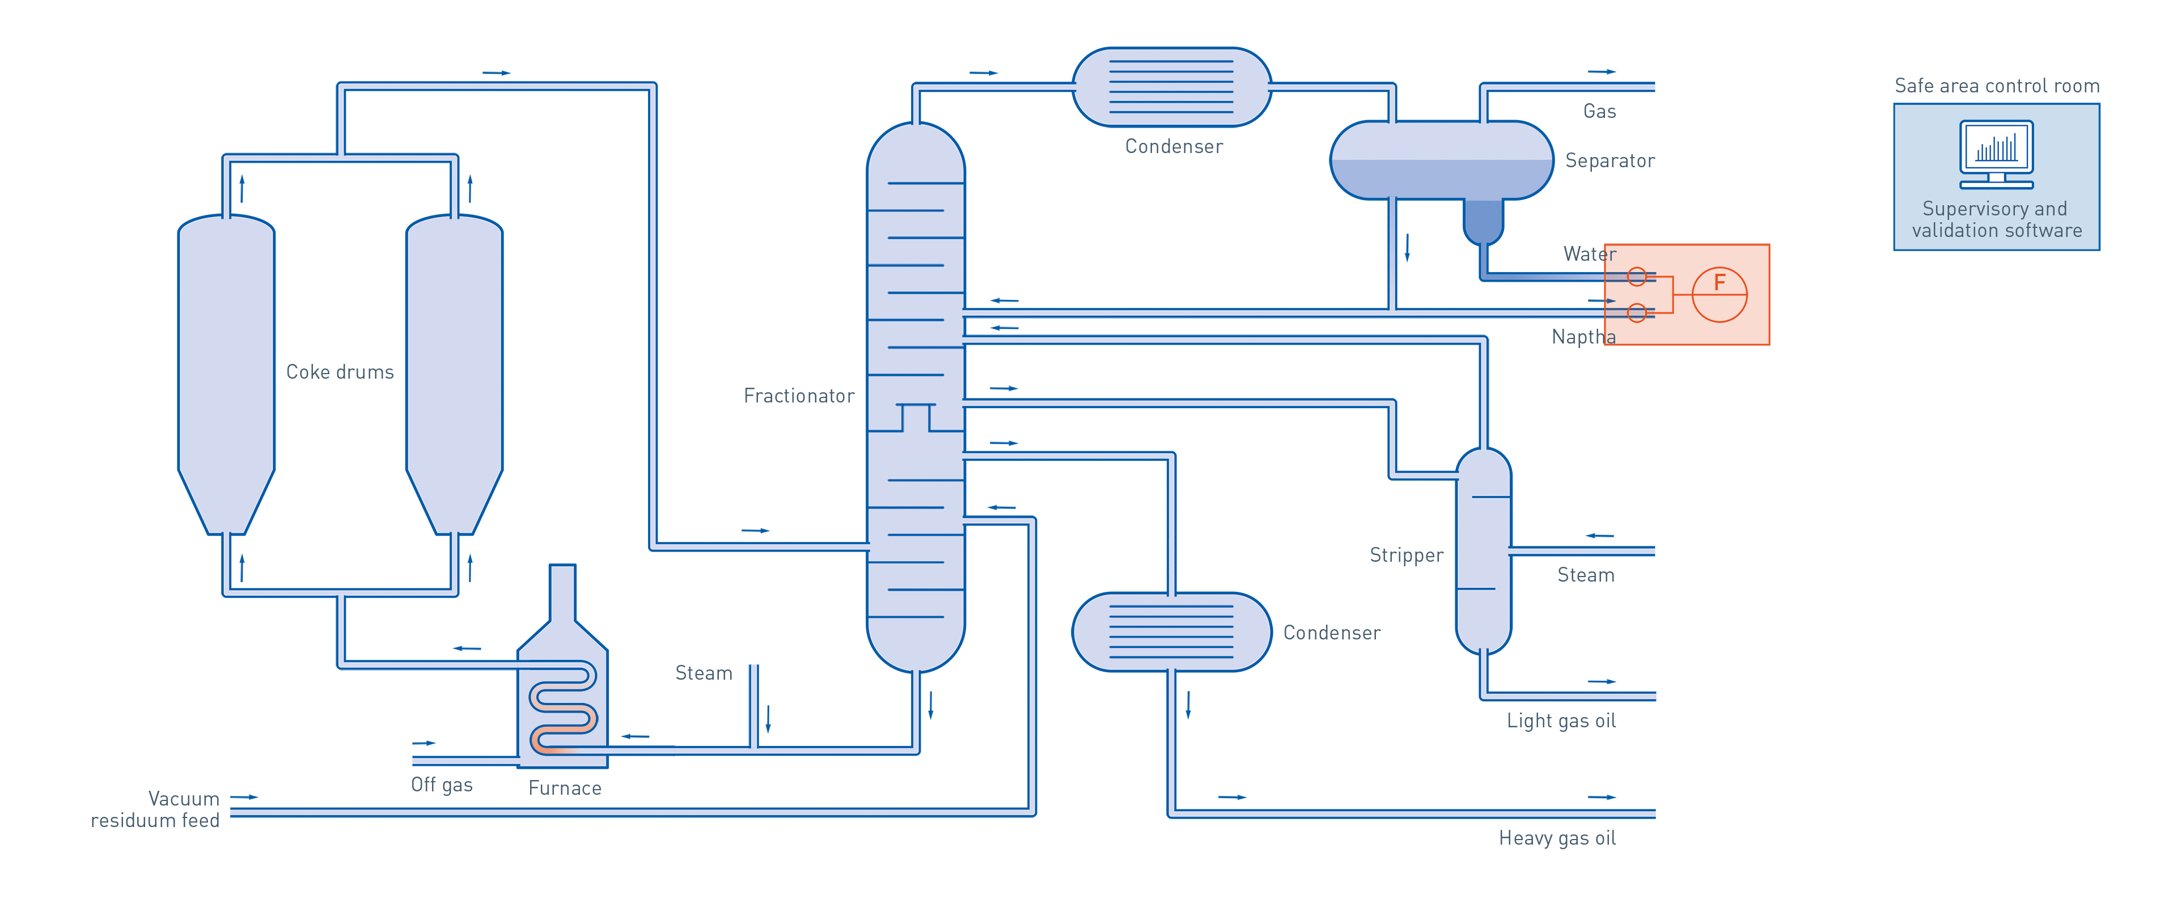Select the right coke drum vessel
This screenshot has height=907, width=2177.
[x=455, y=372]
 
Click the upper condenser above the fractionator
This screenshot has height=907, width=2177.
[x=1171, y=87]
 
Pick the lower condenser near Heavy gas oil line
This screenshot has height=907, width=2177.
[x=1171, y=631]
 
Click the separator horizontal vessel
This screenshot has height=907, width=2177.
[x=1441, y=160]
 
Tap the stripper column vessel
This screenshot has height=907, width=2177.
[x=1483, y=549]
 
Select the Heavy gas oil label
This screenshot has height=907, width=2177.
[x=1557, y=838]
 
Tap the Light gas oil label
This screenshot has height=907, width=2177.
[x=1561, y=721]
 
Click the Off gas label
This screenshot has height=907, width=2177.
[x=441, y=785]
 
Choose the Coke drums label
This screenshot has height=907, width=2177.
[x=340, y=372]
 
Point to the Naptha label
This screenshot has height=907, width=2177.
[x=1583, y=337]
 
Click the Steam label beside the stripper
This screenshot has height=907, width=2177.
[x=1586, y=575]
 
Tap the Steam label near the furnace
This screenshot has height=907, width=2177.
[x=703, y=673]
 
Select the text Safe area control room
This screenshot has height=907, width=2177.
[x=1996, y=86]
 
